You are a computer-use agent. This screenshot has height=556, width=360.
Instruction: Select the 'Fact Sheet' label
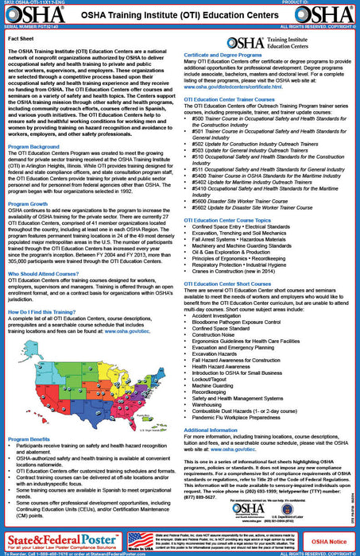pyautogui.click(x=23, y=36)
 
